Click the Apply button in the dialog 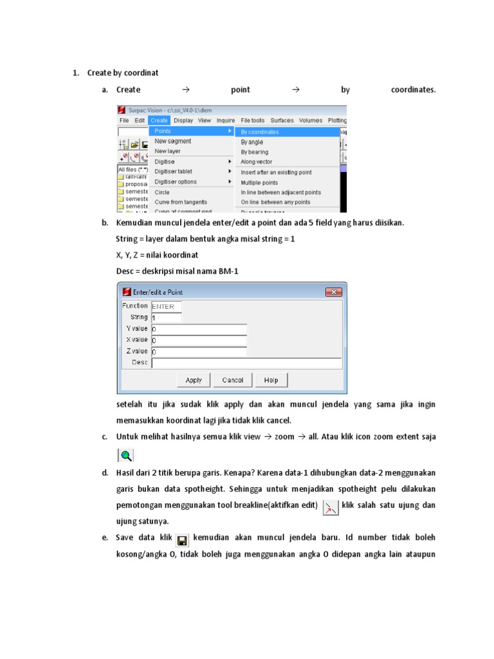(x=194, y=380)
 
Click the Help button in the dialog (x=271, y=380)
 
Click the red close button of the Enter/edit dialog (x=333, y=292)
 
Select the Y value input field (x=199, y=329)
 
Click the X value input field (x=199, y=340)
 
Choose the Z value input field (x=199, y=351)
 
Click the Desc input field (x=246, y=363)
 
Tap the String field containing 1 (x=166, y=317)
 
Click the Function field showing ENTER (x=166, y=306)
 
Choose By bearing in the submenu (x=255, y=152)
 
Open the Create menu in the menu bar (x=159, y=120)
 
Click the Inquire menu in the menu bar (x=226, y=120)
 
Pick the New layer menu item (x=168, y=151)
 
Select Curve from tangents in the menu (x=177, y=202)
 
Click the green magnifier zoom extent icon (x=125, y=456)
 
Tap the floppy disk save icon (x=182, y=539)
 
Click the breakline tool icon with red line (x=329, y=506)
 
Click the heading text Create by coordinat (x=123, y=73)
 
